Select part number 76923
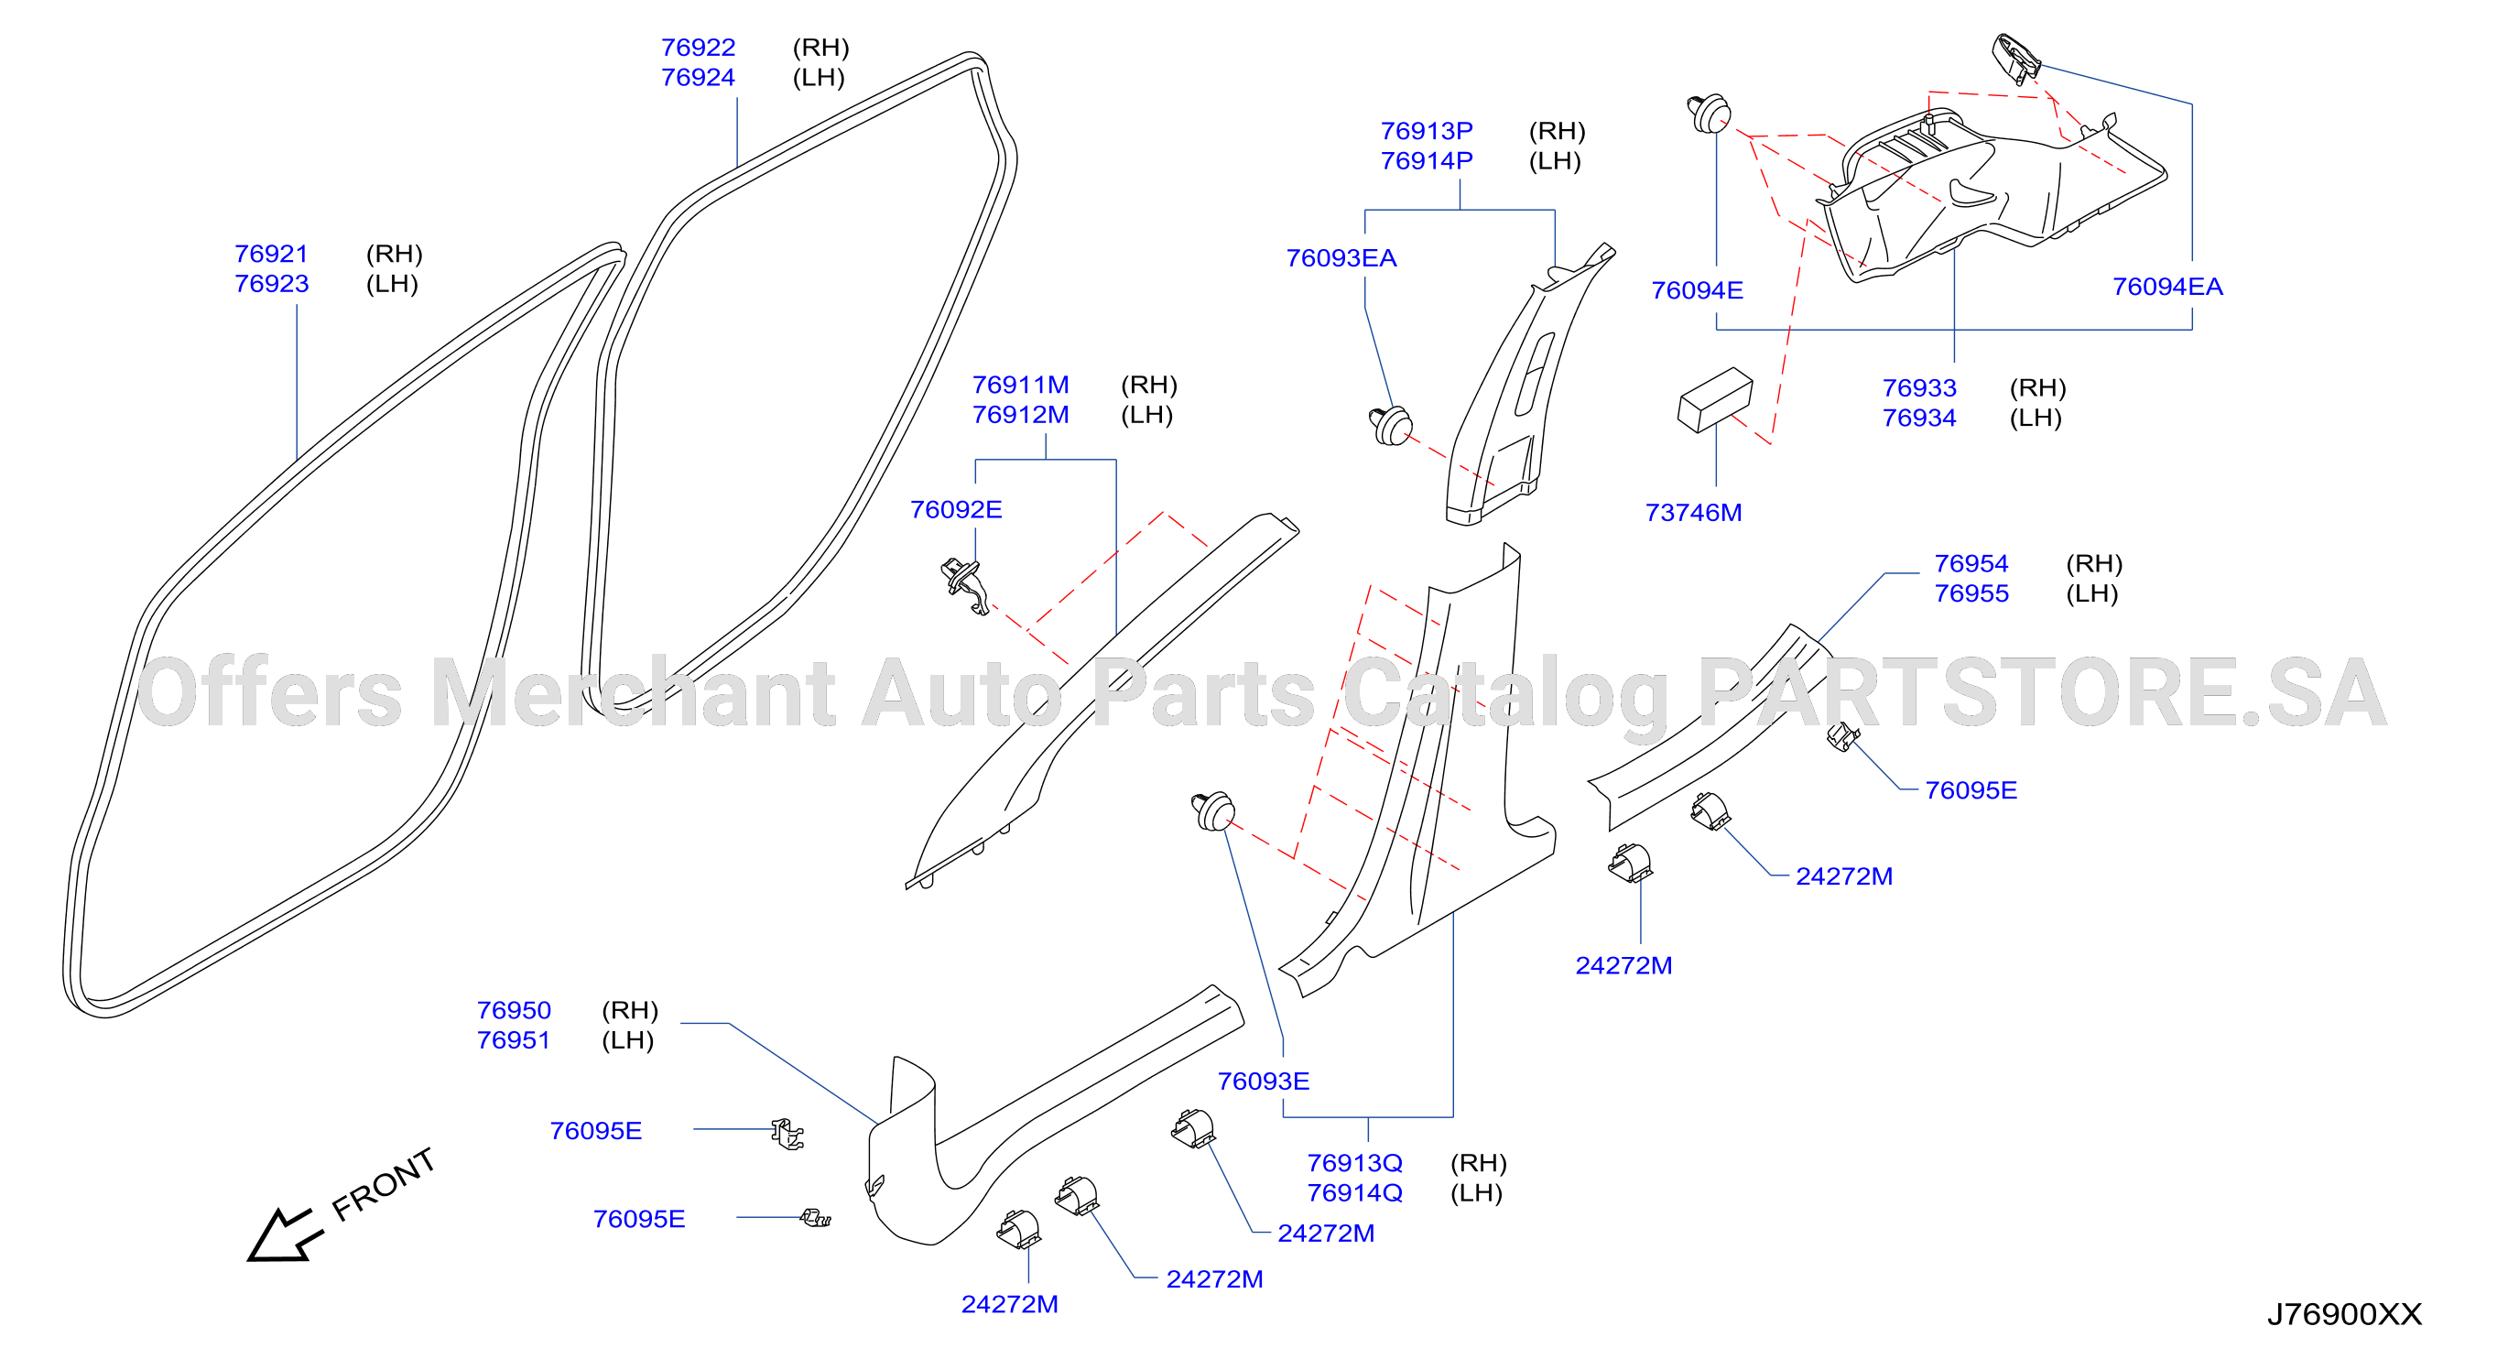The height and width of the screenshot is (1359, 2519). point(271,284)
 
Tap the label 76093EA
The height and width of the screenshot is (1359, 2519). point(1341,258)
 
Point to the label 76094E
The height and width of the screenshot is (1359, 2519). point(1697,290)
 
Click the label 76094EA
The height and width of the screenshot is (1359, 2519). point(2167,287)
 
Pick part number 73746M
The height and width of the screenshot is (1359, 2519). point(1693,512)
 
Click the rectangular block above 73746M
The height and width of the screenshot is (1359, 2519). point(1714,399)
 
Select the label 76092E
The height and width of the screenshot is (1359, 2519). point(955,509)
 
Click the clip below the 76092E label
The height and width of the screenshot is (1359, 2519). point(964,584)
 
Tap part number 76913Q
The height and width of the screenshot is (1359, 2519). point(1354,1162)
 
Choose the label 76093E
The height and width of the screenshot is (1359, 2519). point(1263,1081)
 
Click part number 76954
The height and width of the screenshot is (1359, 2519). point(1971,563)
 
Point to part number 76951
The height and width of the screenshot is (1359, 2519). point(514,1039)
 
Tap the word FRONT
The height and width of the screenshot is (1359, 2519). point(384,1184)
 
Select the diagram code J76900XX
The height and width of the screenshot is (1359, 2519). point(2344,1314)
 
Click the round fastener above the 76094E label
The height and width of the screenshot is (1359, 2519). point(1709,114)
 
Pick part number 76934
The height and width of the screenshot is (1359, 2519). point(1918,418)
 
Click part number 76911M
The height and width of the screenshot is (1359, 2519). point(1020,385)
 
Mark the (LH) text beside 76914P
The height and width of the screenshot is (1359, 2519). point(1555,160)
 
